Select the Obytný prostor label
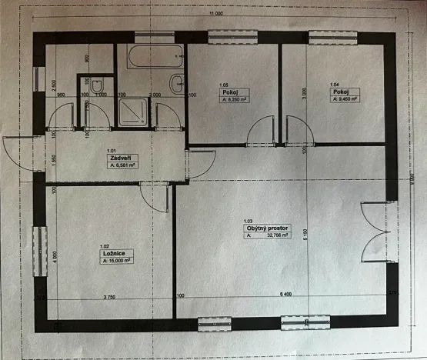(x=268, y=229)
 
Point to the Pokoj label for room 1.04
(x=339, y=90)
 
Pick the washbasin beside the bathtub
(x=175, y=84)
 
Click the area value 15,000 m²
(x=118, y=261)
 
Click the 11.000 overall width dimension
(x=215, y=14)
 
